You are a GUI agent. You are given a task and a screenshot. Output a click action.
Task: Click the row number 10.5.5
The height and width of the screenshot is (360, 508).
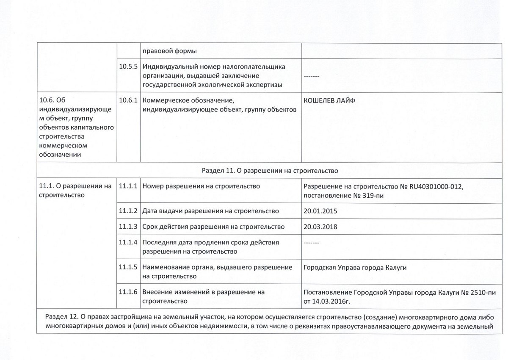click(x=129, y=67)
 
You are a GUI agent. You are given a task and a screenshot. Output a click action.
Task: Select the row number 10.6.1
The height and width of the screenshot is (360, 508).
click(x=129, y=101)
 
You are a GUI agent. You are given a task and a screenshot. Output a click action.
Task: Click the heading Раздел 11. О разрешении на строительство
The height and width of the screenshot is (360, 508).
click(x=269, y=171)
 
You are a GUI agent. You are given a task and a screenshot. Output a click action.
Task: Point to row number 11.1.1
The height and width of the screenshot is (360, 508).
click(x=129, y=186)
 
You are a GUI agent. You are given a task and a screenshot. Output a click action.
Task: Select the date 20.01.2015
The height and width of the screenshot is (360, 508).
click(x=320, y=210)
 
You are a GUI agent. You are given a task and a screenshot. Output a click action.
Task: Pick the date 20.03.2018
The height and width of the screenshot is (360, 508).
click(x=320, y=226)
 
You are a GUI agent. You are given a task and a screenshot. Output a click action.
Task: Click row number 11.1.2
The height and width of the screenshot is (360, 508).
click(x=129, y=210)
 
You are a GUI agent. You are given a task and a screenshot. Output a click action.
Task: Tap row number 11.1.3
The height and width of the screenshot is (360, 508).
click(x=129, y=227)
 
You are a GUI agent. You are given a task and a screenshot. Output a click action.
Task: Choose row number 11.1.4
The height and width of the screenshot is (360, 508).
click(x=129, y=243)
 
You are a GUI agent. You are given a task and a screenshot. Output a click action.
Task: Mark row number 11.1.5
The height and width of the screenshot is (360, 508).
click(x=129, y=268)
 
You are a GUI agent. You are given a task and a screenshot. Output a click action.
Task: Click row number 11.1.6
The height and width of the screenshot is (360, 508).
click(x=129, y=292)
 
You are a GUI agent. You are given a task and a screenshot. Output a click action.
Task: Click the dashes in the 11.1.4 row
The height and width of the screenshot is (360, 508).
click(x=312, y=243)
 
